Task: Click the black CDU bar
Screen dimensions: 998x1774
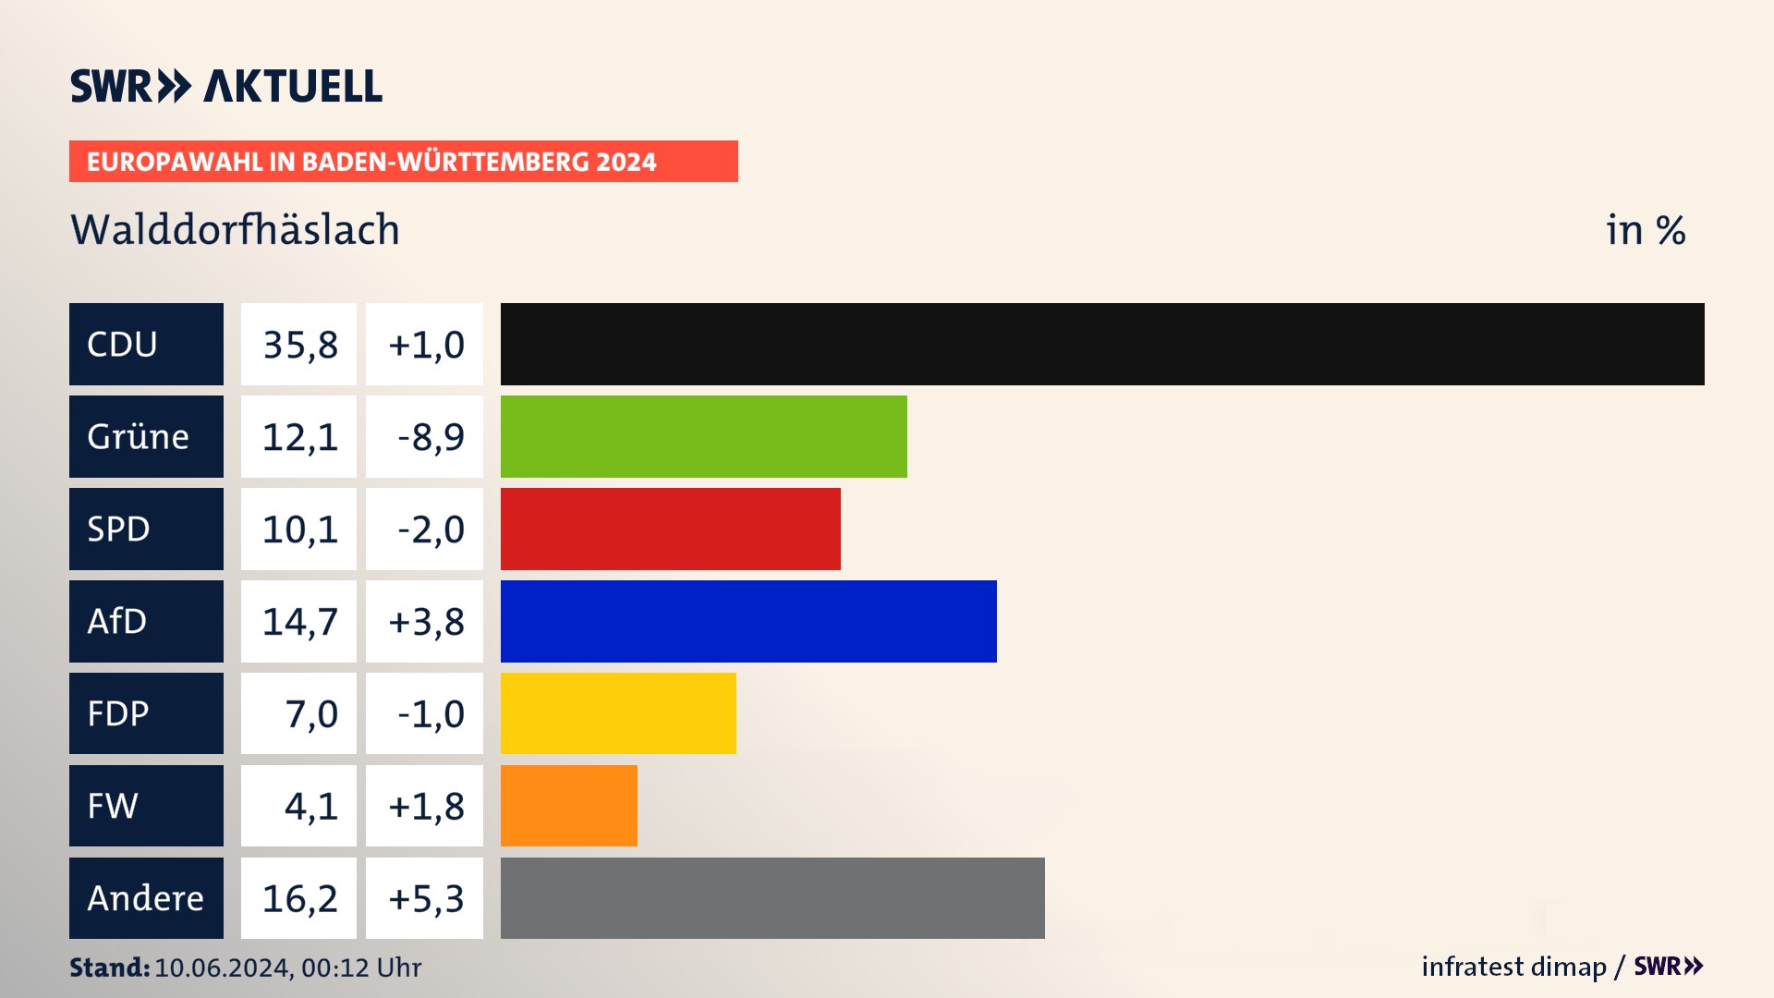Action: [x=1102, y=344]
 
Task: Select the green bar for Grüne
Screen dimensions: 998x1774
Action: [x=703, y=436]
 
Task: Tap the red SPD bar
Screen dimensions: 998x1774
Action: [x=670, y=529]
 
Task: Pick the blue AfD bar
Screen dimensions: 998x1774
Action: [x=748, y=621]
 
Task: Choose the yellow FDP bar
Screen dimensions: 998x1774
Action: [x=618, y=713]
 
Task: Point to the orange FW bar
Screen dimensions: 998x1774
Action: [x=568, y=806]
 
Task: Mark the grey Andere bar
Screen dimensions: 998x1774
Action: [x=772, y=898]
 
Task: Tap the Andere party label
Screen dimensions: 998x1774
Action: [x=146, y=898]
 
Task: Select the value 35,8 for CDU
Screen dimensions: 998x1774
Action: [x=299, y=345]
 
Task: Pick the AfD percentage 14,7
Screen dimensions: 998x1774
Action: [x=299, y=621]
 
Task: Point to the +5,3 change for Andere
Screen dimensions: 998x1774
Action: [x=425, y=898]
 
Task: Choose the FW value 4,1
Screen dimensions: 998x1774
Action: [x=310, y=806]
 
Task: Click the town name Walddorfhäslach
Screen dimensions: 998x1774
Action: [x=235, y=230]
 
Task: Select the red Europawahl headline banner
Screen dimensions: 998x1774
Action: [x=403, y=162]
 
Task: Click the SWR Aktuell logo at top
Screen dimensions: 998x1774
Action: [x=226, y=86]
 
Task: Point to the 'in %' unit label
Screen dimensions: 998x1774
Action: [x=1646, y=230]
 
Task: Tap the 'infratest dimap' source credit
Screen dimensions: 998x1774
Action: [x=1513, y=967]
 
